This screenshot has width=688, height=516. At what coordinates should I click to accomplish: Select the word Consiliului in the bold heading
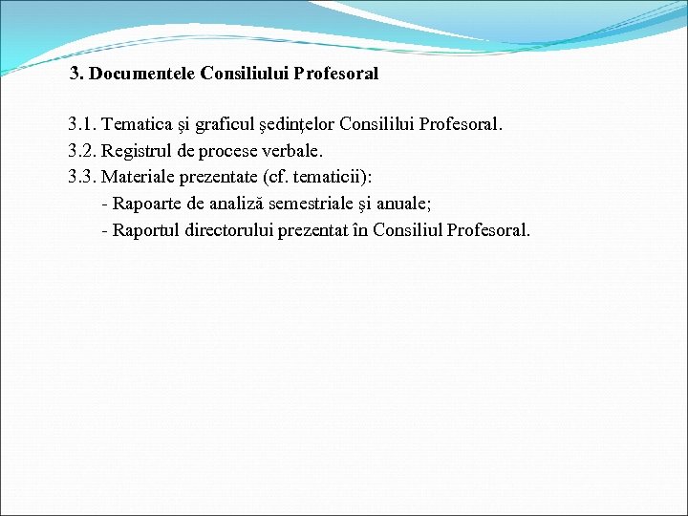tap(245, 73)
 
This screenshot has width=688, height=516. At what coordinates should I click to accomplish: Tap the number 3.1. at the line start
tap(82, 124)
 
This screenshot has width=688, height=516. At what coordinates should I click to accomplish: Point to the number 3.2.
tap(82, 151)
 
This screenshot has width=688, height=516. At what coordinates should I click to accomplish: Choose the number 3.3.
tap(82, 177)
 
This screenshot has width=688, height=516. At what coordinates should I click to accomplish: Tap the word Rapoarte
tap(147, 204)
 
